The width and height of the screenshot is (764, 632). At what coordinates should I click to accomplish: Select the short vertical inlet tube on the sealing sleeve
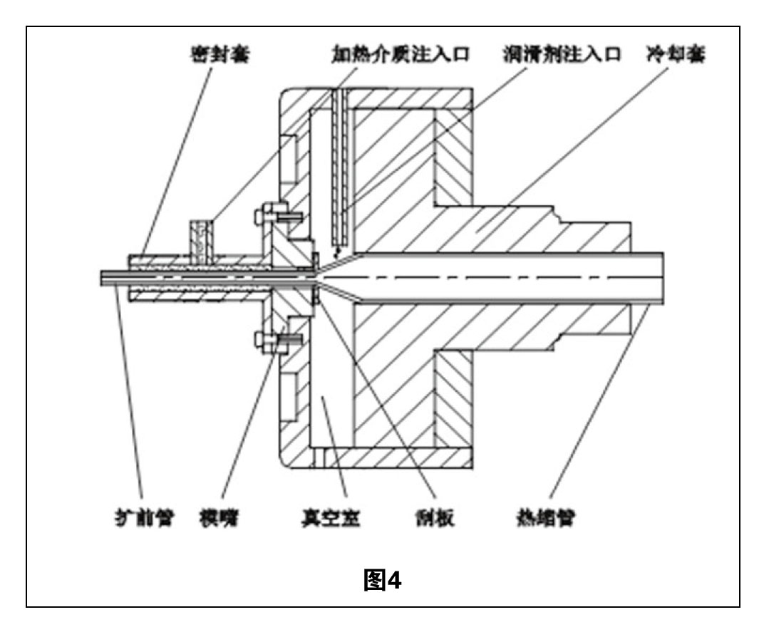pos(201,237)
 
